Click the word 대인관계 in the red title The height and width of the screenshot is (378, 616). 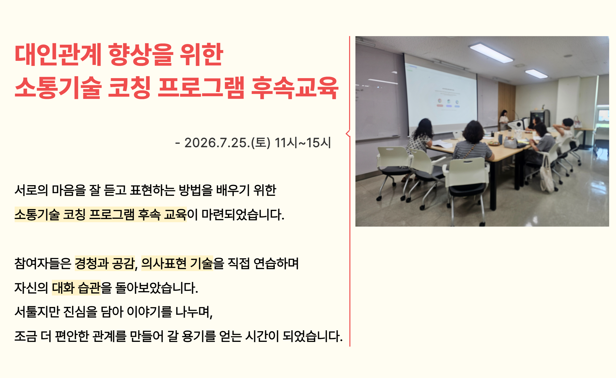pyautogui.click(x=58, y=54)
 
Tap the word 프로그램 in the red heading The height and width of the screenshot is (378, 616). pyautogui.click(x=201, y=88)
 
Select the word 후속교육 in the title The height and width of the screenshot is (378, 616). pyautogui.click(x=295, y=88)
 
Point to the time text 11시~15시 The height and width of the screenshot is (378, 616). pyautogui.click(x=303, y=143)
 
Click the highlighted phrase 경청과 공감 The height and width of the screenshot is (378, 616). pyautogui.click(x=105, y=263)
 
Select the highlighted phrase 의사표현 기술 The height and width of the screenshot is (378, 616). pyautogui.click(x=177, y=263)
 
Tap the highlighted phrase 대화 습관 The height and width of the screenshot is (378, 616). pyautogui.click(x=76, y=287)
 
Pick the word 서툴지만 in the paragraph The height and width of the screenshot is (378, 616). pyautogui.click(x=37, y=312)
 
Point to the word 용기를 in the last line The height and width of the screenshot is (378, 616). pyautogui.click(x=199, y=336)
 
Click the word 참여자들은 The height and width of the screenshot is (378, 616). pyautogui.click(x=43, y=263)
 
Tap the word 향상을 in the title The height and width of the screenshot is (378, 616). pyautogui.click(x=141, y=54)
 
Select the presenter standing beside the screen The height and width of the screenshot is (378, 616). pyautogui.click(x=503, y=120)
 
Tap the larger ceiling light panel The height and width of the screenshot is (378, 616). pyautogui.click(x=491, y=53)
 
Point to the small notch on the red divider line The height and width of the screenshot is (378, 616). pyautogui.click(x=348, y=133)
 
